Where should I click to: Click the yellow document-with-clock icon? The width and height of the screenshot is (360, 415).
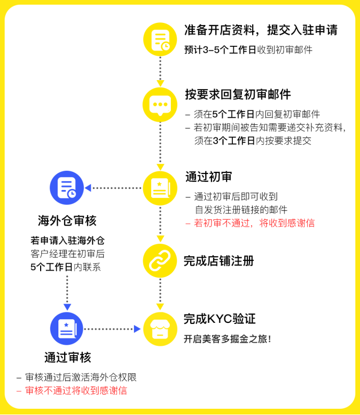coord(160,40)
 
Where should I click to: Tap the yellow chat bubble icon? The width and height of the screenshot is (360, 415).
coord(160,105)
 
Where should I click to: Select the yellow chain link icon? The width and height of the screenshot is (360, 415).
coord(160,261)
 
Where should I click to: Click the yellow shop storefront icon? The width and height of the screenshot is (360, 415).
coord(160,329)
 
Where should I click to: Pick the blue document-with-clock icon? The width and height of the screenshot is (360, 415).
coord(67,187)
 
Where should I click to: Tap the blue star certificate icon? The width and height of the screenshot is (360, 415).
coord(67,329)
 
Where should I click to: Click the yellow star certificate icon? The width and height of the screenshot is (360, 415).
coord(160,188)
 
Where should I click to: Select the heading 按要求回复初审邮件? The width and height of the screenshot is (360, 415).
coord(238,94)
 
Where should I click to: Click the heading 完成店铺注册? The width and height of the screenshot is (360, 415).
coord(219,261)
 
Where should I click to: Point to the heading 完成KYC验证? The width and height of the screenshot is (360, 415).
coord(220,319)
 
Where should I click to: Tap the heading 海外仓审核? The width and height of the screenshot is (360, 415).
coord(67,220)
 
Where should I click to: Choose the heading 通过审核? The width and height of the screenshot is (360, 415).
coord(68,357)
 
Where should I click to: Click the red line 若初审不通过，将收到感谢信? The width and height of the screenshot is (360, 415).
coord(250,223)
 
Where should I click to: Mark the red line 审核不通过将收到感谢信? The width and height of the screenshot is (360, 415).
coord(72,391)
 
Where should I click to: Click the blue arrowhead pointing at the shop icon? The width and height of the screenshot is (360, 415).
coord(137,329)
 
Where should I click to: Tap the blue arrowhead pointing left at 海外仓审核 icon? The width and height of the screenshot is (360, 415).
coord(88,188)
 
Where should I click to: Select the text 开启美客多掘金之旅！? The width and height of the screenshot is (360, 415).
coord(228,339)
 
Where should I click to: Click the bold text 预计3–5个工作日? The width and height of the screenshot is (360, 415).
coord(220,50)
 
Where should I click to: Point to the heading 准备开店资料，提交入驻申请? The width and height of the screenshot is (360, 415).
coord(261,30)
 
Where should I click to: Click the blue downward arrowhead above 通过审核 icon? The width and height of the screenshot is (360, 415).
coord(67,307)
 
